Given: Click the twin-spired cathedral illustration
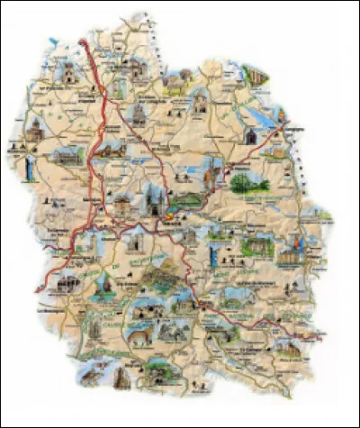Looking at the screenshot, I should (x=151, y=200).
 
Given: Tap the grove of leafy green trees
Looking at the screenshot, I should (x=249, y=183).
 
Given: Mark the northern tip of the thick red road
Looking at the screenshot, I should (x=85, y=41).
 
